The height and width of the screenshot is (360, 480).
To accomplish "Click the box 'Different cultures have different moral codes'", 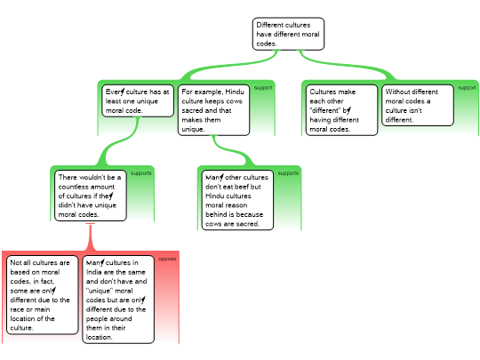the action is click(x=288, y=34).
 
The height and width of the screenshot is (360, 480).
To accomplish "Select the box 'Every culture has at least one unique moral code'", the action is click(x=138, y=100).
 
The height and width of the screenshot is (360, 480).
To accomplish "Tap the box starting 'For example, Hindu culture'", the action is click(x=213, y=110).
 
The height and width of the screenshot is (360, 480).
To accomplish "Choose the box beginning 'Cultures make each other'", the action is click(x=341, y=110).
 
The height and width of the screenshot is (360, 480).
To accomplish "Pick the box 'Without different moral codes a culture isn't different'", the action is click(x=418, y=105).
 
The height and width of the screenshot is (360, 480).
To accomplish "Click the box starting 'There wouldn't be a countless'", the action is click(x=91, y=196).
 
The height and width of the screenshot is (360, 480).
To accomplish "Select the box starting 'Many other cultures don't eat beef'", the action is click(x=237, y=200).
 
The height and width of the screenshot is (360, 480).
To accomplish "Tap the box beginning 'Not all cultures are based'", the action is click(x=43, y=295).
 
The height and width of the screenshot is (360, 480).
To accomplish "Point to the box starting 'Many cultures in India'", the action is click(x=118, y=300).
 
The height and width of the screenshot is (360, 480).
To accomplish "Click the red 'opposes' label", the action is click(x=167, y=259).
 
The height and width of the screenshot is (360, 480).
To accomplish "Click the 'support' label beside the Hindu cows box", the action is click(x=263, y=88).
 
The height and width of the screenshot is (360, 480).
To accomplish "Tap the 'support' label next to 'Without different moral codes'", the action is click(x=467, y=88).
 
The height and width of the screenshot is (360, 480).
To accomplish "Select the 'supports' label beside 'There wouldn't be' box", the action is click(x=141, y=173).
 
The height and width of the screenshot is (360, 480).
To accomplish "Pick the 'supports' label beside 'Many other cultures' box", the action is click(x=288, y=173).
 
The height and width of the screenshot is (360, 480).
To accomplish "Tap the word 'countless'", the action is click(x=86, y=187).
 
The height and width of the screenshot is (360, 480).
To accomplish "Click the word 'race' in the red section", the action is click(x=17, y=309).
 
